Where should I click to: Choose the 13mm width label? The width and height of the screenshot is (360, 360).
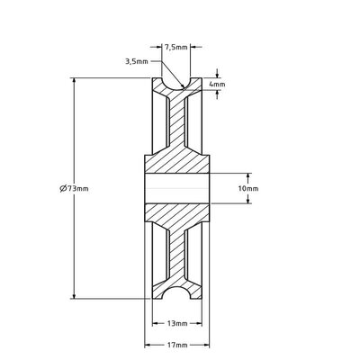177,321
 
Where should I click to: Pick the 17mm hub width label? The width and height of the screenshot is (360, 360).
177,344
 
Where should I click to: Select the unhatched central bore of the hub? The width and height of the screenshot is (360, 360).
177,189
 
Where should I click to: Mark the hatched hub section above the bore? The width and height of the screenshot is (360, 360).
177,162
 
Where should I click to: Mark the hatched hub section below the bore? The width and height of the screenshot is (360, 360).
177,216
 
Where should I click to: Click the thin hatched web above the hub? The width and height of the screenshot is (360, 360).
177,121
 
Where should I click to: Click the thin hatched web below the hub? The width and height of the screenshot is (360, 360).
177,256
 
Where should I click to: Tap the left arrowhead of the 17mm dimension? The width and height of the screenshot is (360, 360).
148,344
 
